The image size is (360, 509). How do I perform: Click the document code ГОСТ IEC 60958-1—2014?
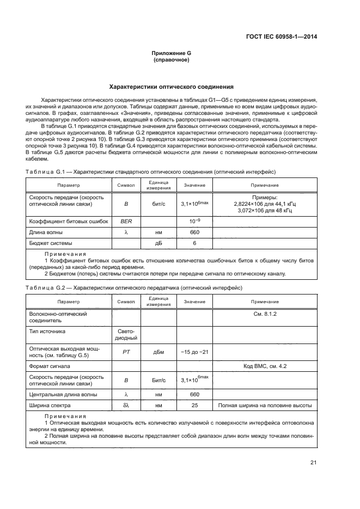[280, 36]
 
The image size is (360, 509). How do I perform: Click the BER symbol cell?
[126, 222]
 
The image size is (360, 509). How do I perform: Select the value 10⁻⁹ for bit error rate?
[194, 222]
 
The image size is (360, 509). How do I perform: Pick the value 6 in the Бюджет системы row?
[194, 243]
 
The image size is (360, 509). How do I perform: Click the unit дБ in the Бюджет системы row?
[159, 243]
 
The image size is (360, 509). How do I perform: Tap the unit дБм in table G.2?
[159, 352]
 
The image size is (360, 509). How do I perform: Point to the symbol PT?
[126, 352]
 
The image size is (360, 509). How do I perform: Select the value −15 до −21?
[194, 352]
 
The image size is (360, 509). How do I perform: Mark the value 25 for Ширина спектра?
[194, 406]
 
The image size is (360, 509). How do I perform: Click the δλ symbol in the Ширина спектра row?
[126, 406]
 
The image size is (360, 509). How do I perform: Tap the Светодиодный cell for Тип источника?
[126, 334]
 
